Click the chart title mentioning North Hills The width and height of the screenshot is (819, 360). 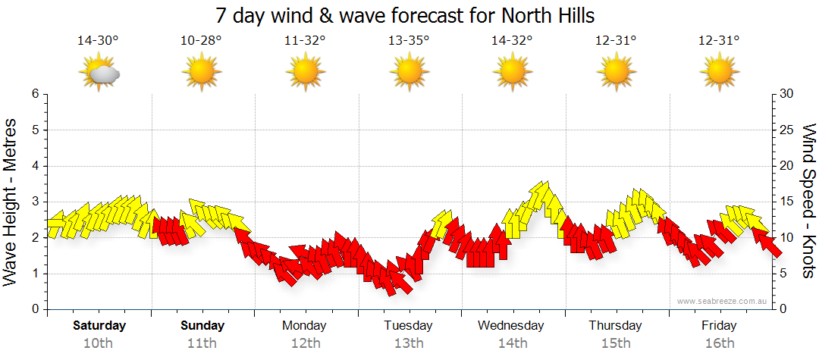click(405, 15)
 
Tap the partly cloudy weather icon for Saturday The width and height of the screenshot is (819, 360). click(99, 73)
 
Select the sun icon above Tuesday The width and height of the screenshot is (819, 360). click(409, 73)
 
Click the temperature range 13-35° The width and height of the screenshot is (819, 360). click(409, 41)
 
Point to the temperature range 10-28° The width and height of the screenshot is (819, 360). click(202, 41)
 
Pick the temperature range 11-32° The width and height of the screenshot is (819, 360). click(305, 41)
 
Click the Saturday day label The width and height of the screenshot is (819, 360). click(99, 326)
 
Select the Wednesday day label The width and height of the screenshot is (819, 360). click(511, 326)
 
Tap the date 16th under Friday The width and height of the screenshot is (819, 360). click(718, 343)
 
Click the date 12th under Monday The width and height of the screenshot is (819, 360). click(305, 343)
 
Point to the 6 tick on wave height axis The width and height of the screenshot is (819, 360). click(34, 94)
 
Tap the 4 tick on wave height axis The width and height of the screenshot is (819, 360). click(34, 166)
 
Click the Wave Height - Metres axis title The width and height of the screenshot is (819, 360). click(12, 202)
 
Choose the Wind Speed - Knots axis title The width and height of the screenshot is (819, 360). click(807, 202)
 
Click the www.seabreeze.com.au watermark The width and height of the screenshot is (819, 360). click(723, 302)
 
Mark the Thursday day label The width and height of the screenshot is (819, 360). click(615, 326)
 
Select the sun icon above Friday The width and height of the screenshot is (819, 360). click(718, 73)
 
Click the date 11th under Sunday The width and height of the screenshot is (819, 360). click(202, 343)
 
